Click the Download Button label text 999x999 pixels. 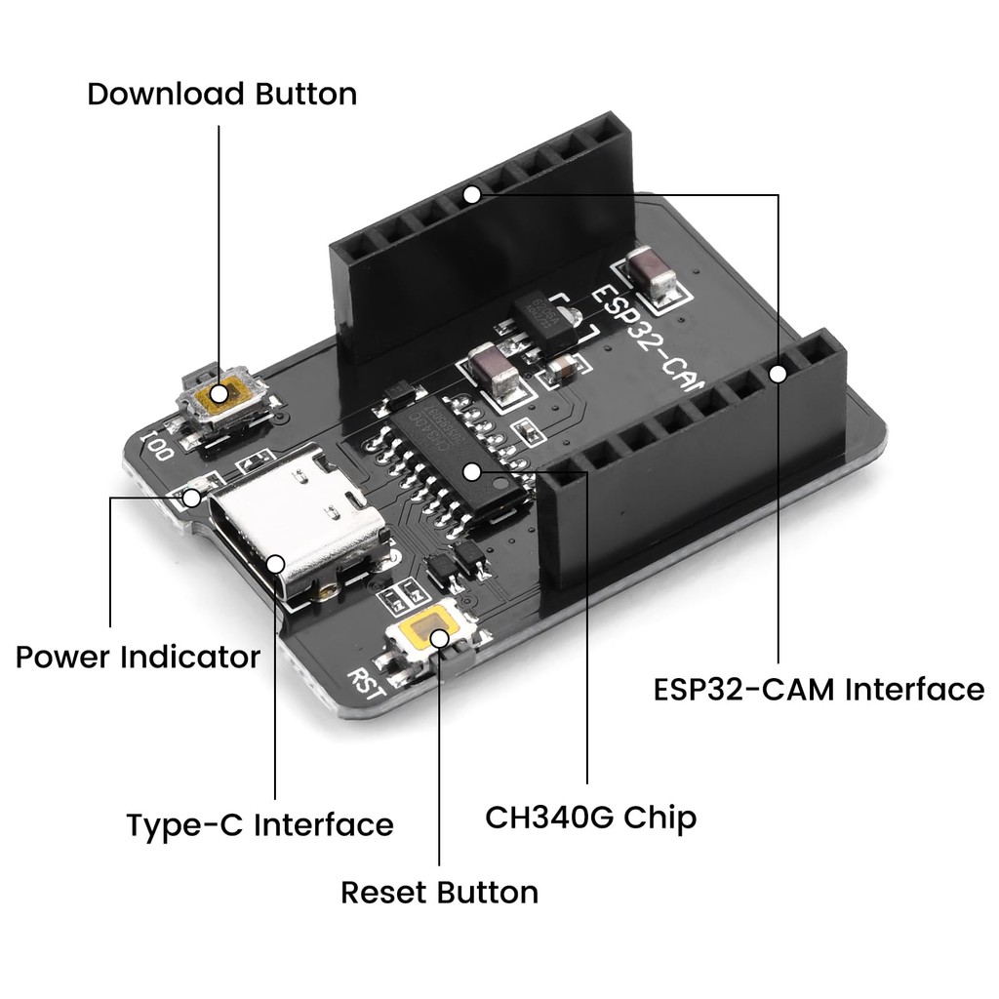[221, 95]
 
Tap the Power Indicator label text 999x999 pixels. [138, 657]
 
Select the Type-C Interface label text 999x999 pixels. [260, 825]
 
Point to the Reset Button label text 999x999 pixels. [439, 892]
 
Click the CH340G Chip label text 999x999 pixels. [591, 817]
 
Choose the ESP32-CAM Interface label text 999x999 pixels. [819, 690]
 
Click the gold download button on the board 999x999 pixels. [220, 395]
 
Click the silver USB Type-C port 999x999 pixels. [293, 522]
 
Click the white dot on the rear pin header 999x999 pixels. [471, 194]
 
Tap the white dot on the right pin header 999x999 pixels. [778, 373]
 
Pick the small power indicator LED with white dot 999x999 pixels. [192, 498]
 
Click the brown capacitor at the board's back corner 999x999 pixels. [652, 272]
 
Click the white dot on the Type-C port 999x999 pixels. [276, 563]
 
